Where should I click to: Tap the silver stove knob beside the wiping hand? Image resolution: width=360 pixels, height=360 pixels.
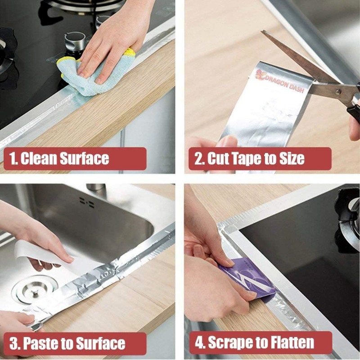point(75,42)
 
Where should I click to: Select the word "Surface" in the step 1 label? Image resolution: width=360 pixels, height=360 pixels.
point(84,158)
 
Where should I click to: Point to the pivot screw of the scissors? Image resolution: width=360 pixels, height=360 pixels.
point(337,92)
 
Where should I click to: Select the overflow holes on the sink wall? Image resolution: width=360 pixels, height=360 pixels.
point(87,202)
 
